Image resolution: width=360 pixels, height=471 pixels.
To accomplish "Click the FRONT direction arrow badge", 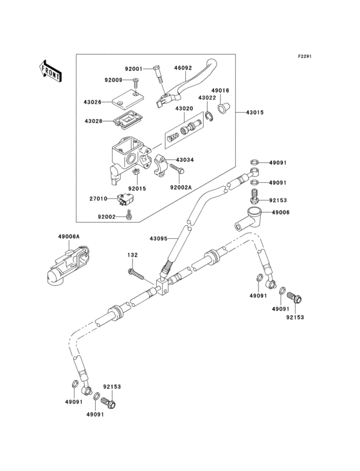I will [51, 70].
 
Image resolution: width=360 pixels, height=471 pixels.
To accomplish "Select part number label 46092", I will [182, 67].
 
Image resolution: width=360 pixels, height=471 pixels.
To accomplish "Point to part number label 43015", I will [254, 113].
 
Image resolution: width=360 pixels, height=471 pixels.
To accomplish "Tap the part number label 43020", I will [184, 109].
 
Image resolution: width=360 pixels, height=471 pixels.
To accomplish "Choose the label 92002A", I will [181, 187].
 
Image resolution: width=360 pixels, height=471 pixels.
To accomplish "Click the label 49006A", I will [69, 237].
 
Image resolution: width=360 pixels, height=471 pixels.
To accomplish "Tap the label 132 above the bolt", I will [132, 255].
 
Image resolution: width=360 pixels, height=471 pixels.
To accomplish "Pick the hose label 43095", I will [158, 239].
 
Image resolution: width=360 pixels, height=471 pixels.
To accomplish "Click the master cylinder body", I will [129, 155].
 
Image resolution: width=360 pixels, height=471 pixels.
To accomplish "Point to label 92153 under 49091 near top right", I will [278, 200].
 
